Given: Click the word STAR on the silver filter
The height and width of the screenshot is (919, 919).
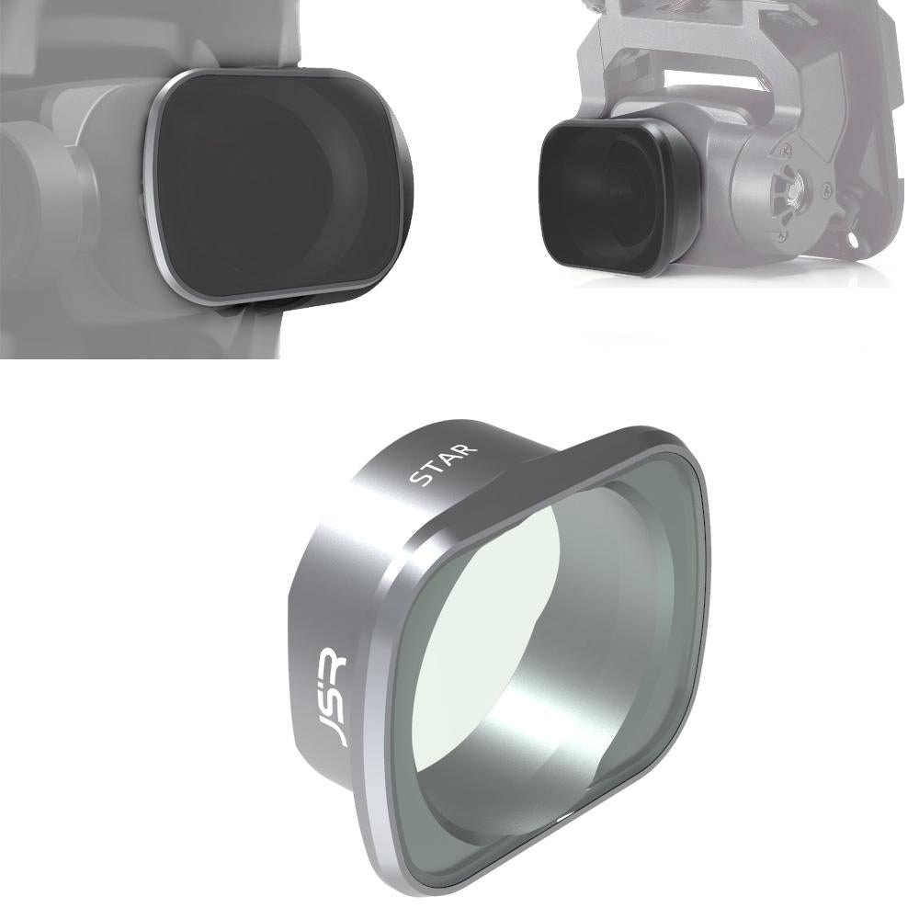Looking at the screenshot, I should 444,465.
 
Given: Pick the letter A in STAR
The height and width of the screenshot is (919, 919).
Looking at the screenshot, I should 451,460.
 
